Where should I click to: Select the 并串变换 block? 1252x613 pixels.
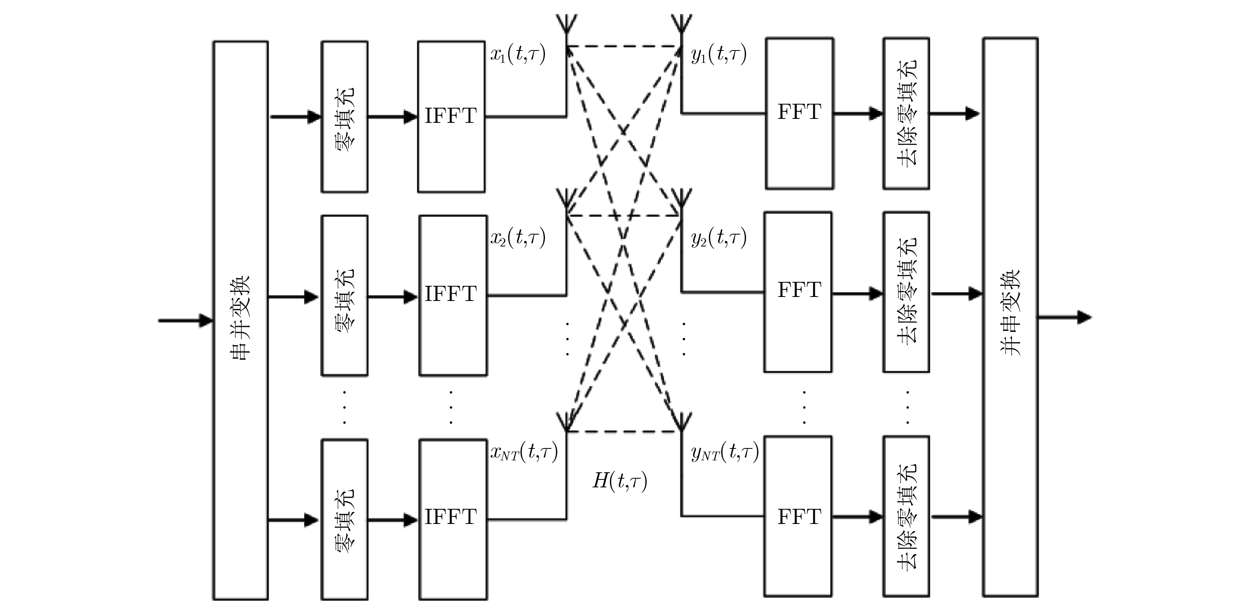[1010, 317]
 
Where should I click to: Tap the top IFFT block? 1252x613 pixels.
[451, 116]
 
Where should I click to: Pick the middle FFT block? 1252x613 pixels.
[798, 292]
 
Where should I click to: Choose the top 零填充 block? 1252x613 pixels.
[345, 116]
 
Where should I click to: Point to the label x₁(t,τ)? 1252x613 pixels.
[517, 54]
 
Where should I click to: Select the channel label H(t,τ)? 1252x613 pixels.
[620, 481]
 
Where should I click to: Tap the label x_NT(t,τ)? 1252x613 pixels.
[524, 452]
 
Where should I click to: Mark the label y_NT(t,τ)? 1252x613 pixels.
[725, 452]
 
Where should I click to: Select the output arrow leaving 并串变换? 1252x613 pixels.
[1064, 318]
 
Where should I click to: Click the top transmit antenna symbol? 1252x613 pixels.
[567, 24]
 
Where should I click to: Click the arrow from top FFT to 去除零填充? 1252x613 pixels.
[858, 114]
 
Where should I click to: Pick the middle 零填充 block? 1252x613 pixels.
[345, 295]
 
